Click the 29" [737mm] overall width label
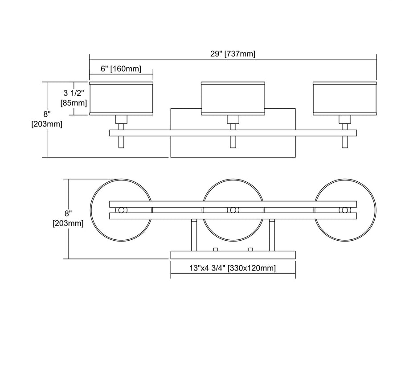point(233,54)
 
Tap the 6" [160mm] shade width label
point(121,69)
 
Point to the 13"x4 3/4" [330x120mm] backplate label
point(233,268)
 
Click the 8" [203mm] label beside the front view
point(47,119)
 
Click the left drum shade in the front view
point(121,98)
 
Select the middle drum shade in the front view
point(233,98)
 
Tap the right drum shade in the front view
point(345,98)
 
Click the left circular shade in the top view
point(100,209)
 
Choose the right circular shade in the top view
point(365,209)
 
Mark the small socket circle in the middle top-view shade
point(233,210)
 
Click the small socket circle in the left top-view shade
point(121,210)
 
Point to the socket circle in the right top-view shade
point(344,210)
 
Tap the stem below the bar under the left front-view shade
point(121,142)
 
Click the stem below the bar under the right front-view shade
point(345,142)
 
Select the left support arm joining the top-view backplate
point(194,235)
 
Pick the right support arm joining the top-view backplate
point(271,235)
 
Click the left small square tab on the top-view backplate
point(215,249)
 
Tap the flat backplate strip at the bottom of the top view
point(233,255)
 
